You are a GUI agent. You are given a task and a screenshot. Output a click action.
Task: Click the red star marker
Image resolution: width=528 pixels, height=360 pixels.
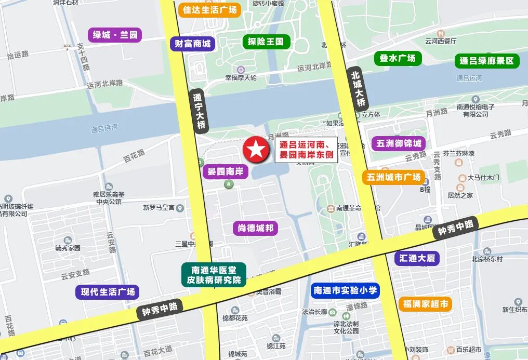[256, 150]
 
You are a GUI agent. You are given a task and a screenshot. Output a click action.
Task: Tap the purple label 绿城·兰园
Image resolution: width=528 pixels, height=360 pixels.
[115, 35]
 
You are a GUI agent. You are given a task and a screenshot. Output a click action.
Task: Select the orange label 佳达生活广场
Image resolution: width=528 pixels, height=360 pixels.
[209, 10]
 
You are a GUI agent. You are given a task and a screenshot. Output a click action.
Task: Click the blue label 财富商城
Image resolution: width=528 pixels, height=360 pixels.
[193, 44]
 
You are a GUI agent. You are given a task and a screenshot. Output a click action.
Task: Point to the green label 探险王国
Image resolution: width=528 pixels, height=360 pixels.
[266, 42]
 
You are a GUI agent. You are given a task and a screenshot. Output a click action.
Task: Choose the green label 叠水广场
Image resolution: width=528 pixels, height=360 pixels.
[398, 58]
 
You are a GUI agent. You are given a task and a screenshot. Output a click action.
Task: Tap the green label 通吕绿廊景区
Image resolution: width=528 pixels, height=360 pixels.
[487, 61]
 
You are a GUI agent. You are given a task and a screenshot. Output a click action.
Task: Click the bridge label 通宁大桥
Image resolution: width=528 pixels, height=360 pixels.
[199, 111]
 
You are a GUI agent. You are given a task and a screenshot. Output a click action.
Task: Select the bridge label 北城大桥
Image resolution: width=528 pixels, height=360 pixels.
[358, 88]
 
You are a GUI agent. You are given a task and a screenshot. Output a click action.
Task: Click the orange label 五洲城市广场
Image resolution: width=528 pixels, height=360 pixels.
[393, 177]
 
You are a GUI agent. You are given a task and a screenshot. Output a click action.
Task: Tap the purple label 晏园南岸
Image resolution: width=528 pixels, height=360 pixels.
[226, 171]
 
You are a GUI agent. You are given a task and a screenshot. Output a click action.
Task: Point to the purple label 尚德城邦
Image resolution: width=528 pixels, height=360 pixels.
[255, 228]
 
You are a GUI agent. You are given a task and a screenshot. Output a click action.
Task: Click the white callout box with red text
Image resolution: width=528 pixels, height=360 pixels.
[306, 150]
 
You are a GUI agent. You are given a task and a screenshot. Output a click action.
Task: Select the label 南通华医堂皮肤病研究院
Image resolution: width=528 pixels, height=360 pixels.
[214, 275]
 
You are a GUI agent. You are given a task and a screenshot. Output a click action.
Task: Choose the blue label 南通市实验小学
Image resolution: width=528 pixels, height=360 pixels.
[345, 290]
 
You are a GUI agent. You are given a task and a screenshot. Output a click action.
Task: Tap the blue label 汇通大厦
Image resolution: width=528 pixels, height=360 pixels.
[417, 258]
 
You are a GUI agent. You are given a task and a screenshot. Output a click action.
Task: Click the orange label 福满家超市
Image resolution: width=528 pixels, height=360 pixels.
[425, 304]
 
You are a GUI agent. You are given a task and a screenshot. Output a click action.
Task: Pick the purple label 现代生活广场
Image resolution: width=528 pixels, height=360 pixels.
[108, 292]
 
